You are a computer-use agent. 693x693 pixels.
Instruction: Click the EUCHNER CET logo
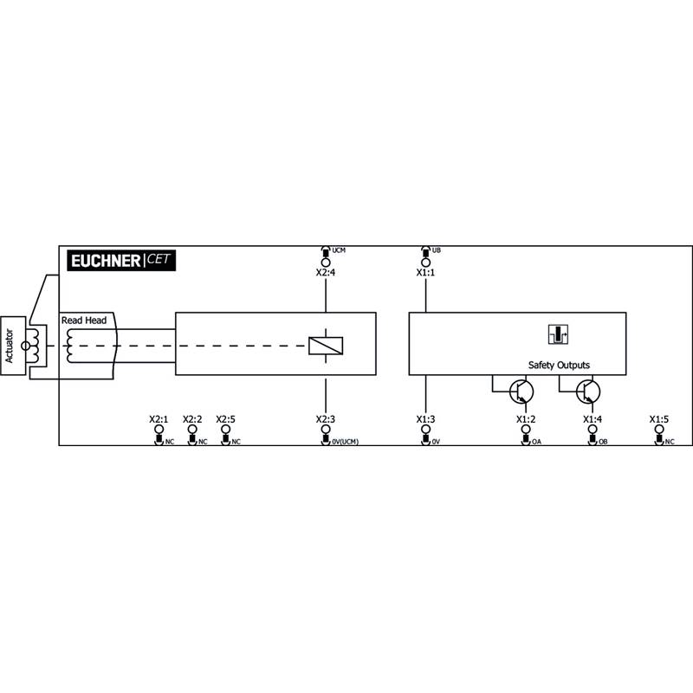point(121,261)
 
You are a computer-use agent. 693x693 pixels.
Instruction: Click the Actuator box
point(13,346)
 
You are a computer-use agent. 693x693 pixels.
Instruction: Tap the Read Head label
point(84,321)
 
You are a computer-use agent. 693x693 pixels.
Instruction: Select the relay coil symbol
point(326,346)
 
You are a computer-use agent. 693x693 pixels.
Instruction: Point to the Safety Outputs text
point(559,365)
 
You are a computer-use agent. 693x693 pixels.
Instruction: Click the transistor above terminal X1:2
point(521,392)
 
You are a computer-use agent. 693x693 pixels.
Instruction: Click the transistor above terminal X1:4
point(588,392)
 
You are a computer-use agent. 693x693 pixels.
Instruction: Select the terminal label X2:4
point(326,273)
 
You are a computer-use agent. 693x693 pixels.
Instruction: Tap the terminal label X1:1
point(425,273)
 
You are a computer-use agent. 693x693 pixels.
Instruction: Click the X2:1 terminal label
point(159,419)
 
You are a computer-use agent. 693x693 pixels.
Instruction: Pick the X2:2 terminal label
point(192,419)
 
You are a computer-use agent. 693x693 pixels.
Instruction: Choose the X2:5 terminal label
point(225,419)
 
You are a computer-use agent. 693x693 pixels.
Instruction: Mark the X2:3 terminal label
point(326,419)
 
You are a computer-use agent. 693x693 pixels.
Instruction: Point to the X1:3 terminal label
point(425,419)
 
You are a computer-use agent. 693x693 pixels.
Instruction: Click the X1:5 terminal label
point(659,419)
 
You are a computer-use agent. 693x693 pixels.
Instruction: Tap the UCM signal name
point(339,250)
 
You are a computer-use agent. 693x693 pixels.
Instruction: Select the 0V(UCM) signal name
point(345,442)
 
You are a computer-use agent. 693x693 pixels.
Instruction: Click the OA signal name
point(536,442)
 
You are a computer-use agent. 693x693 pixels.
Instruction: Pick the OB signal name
point(603,442)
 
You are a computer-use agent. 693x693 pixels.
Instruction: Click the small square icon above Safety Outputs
point(558,334)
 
